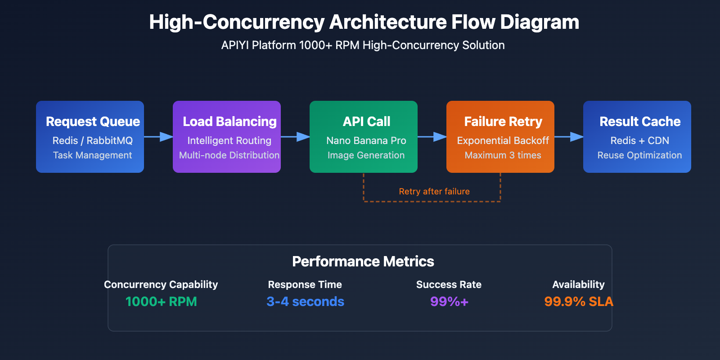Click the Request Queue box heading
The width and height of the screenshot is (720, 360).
point(93,121)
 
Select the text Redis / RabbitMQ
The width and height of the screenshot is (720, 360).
point(93,140)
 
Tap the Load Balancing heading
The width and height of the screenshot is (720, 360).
point(229,121)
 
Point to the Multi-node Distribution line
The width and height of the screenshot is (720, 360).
point(229,155)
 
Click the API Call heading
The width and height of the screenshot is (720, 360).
point(366,121)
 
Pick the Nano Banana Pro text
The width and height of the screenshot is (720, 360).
point(366,140)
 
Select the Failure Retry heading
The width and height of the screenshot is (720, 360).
point(503,121)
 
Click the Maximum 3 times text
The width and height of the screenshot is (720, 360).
point(503,155)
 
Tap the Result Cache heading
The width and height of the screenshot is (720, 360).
point(640,121)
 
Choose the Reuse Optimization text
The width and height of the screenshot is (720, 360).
point(639,155)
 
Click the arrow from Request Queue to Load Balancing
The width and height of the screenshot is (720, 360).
point(159,137)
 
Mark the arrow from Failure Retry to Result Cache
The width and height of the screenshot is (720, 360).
point(569,137)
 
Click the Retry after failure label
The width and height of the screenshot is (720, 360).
point(434,192)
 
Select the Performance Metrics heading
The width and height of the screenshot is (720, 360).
point(363,261)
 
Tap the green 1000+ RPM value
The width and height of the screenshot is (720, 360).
point(161,301)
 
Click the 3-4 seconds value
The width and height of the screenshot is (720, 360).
point(305,301)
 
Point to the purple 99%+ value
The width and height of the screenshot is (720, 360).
point(449,301)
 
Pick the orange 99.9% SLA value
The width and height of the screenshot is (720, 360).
point(578,301)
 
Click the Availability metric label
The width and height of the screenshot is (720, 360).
point(578,284)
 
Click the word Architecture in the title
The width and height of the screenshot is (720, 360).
point(387,22)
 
